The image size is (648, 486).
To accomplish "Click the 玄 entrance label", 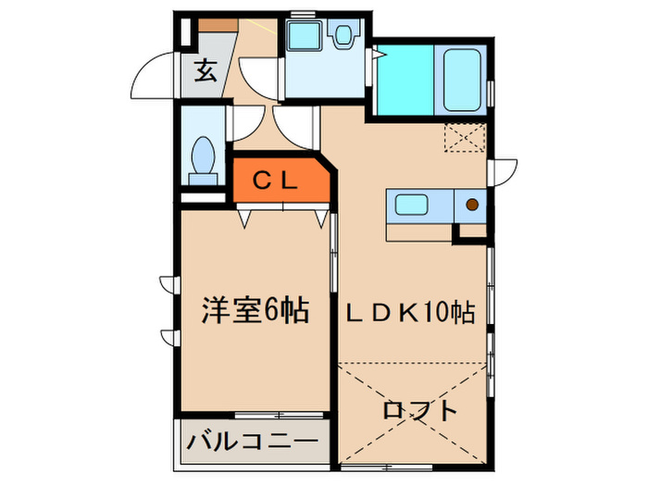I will [x=206, y=70].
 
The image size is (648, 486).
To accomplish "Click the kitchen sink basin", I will [x=408, y=205].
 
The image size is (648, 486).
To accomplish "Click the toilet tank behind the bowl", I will [x=202, y=176].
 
